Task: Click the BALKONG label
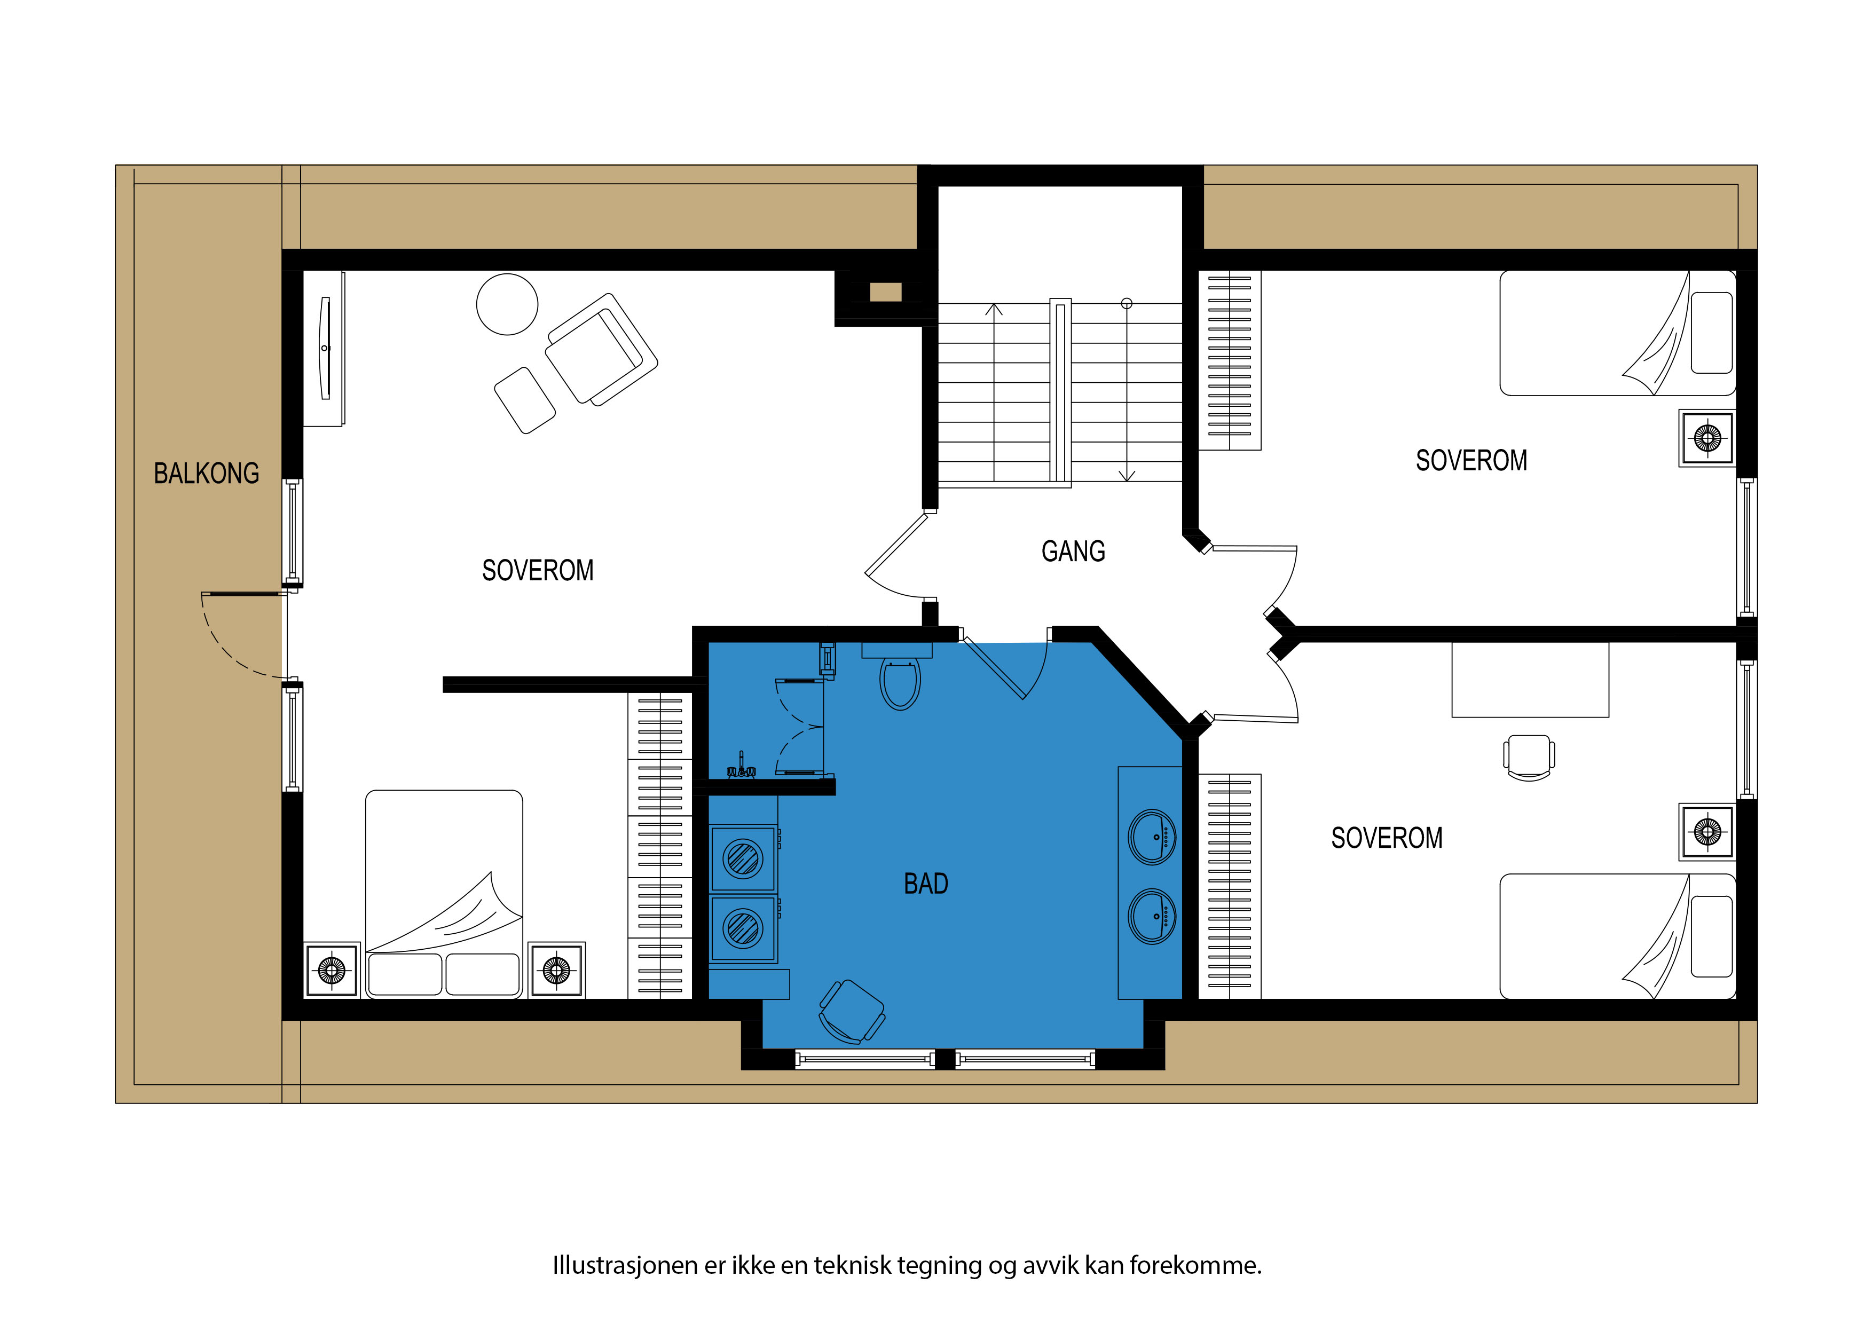[207, 473]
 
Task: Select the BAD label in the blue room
[926, 884]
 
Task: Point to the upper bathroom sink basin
[1152, 837]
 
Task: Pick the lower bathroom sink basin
[1152, 916]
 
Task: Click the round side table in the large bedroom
[507, 304]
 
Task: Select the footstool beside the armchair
[524, 400]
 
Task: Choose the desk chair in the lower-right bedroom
[1529, 757]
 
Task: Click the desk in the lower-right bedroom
[1530, 680]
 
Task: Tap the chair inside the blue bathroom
[852, 1012]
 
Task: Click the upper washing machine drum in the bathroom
[742, 858]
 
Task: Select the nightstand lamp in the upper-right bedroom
[1706, 438]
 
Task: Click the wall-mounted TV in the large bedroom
[326, 348]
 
